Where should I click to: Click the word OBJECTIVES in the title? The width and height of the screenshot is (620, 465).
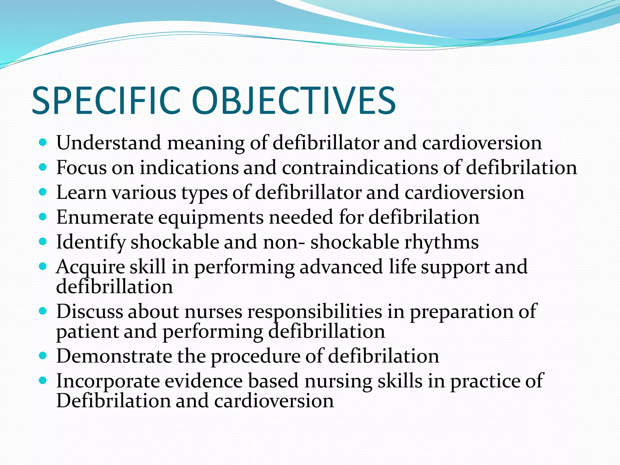coord(293,101)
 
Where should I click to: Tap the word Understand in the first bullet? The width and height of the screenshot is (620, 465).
coord(109,143)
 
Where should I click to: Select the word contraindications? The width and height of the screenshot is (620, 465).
coord(360,167)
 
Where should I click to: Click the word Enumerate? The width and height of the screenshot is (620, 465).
coord(105,217)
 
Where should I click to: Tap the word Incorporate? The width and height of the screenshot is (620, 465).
coord(108,381)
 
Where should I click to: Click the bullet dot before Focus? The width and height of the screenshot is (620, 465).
coord(43,167)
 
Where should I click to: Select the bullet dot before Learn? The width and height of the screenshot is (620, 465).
coord(43,192)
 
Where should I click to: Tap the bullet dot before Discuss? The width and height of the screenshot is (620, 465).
coord(43,311)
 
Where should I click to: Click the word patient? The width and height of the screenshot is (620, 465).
coord(87,332)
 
